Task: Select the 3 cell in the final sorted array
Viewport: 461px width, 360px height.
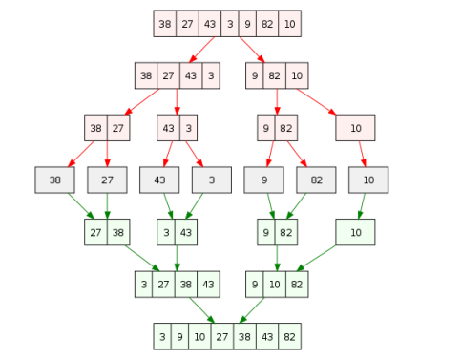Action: [163, 336]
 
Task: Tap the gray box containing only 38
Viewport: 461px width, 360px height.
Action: [54, 180]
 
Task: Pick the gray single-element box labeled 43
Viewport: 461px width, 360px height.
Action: [159, 180]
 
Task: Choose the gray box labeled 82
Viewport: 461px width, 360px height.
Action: [316, 180]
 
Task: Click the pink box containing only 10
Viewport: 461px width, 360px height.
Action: [355, 127]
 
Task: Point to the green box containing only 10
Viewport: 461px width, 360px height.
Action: [355, 232]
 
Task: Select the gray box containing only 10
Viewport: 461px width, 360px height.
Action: [367, 180]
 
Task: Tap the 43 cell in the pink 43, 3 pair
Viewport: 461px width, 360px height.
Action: [168, 127]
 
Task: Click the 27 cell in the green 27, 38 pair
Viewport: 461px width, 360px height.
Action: [95, 232]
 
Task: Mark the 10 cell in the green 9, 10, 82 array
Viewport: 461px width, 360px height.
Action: [275, 284]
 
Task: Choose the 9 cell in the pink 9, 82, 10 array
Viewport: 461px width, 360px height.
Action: [255, 75]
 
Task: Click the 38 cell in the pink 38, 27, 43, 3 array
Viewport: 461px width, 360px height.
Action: [146, 75]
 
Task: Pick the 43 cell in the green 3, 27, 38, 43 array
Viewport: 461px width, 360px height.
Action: [209, 284]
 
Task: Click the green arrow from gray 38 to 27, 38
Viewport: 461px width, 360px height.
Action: [77, 206]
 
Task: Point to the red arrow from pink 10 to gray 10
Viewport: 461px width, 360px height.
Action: [361, 153]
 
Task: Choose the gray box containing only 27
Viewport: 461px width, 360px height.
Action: [107, 180]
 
